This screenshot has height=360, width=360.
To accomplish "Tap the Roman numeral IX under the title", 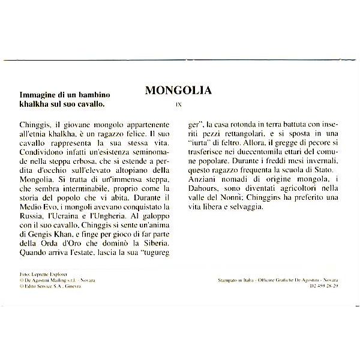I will pos(178,104).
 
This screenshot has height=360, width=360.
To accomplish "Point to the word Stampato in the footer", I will pos(230,280).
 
